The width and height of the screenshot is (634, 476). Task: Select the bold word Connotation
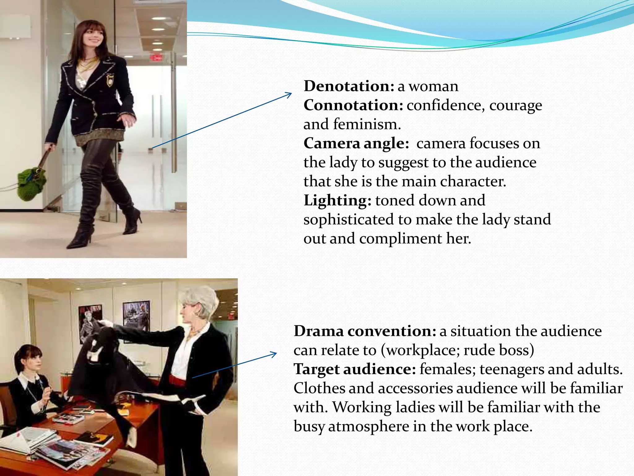353,105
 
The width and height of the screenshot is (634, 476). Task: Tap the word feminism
367,125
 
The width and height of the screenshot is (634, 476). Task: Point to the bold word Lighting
337,201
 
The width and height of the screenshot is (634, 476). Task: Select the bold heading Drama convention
365,331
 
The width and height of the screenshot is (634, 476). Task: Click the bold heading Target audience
355,369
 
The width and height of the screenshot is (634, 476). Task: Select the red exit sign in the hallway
157,58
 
